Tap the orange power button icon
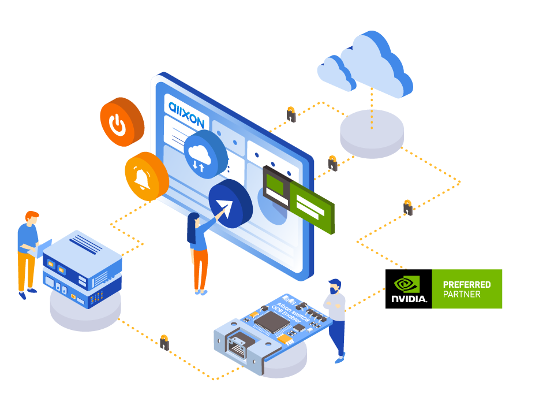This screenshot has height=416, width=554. click(120, 122)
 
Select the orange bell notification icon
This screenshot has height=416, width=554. click(145, 177)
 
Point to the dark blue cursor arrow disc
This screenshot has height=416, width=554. click(230, 203)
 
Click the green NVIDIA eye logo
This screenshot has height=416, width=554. click(407, 284)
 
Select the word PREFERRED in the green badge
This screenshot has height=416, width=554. click(466, 284)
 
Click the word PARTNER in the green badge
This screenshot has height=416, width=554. click(462, 294)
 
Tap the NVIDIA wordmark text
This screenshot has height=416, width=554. click(409, 299)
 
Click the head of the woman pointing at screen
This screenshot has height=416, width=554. click(194, 220)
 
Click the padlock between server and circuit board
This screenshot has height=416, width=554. click(164, 343)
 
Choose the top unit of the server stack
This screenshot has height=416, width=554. click(83, 255)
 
